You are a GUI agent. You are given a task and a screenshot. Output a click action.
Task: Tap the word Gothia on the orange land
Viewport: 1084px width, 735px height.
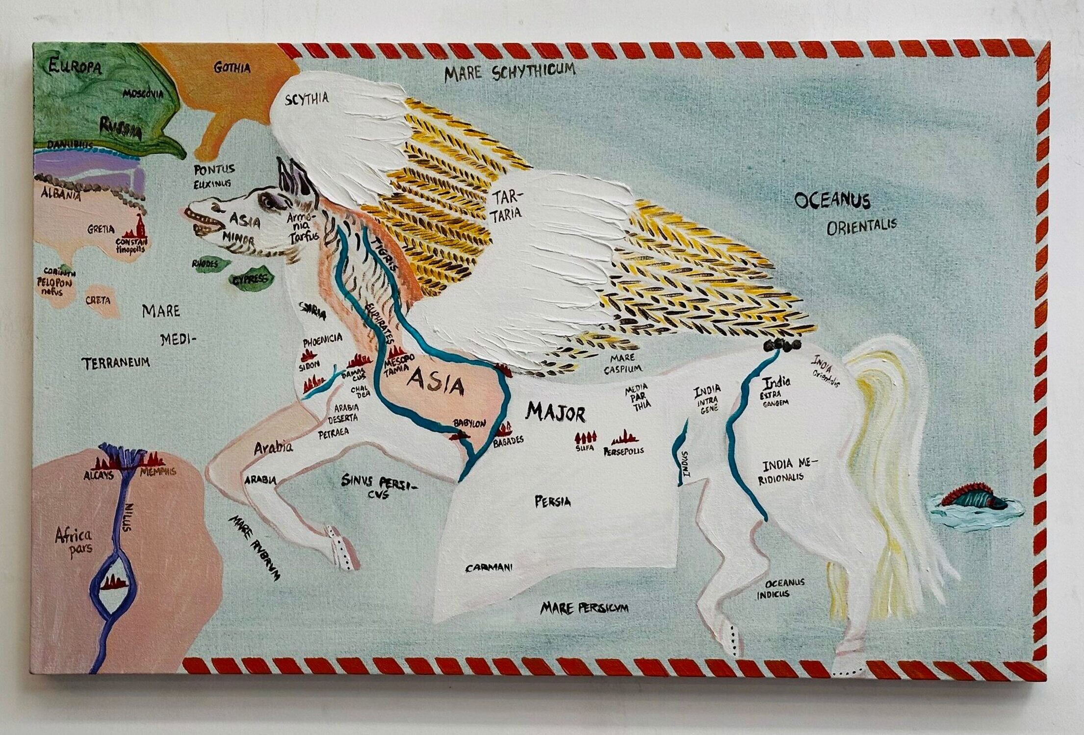pyautogui.click(x=232, y=67)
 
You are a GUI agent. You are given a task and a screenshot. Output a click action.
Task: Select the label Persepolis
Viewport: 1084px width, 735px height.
pyautogui.click(x=624, y=449)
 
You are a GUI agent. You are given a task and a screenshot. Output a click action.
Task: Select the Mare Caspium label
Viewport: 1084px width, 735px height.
pyautogui.click(x=622, y=363)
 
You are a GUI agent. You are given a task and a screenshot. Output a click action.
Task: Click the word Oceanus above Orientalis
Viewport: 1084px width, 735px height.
pyautogui.click(x=832, y=200)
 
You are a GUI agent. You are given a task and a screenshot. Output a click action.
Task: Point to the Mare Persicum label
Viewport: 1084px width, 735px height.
pyautogui.click(x=584, y=608)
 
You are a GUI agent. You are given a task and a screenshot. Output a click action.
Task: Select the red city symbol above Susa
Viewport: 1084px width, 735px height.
pyautogui.click(x=587, y=437)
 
